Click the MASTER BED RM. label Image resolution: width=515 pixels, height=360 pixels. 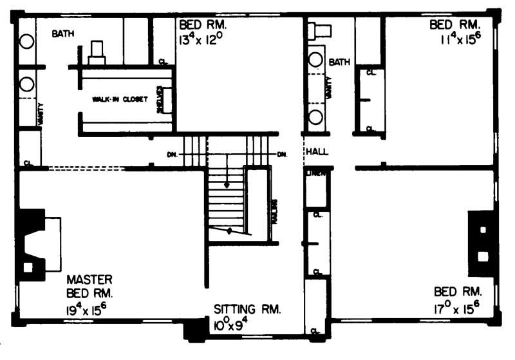pyautogui.click(x=90, y=287)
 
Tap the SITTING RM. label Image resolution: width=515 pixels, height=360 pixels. pyautogui.click(x=247, y=309)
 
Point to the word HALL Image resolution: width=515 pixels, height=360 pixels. pyautogui.click(x=318, y=151)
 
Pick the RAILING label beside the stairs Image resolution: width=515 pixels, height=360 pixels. pyautogui.click(x=274, y=210)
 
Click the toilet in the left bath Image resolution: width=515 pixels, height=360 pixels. pyautogui.click(x=97, y=52)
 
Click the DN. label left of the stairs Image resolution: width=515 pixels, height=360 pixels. pyautogui.click(x=173, y=155)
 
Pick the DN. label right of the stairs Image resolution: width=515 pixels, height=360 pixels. pyautogui.click(x=282, y=155)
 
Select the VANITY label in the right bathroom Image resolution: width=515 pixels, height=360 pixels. pyautogui.click(x=329, y=87)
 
